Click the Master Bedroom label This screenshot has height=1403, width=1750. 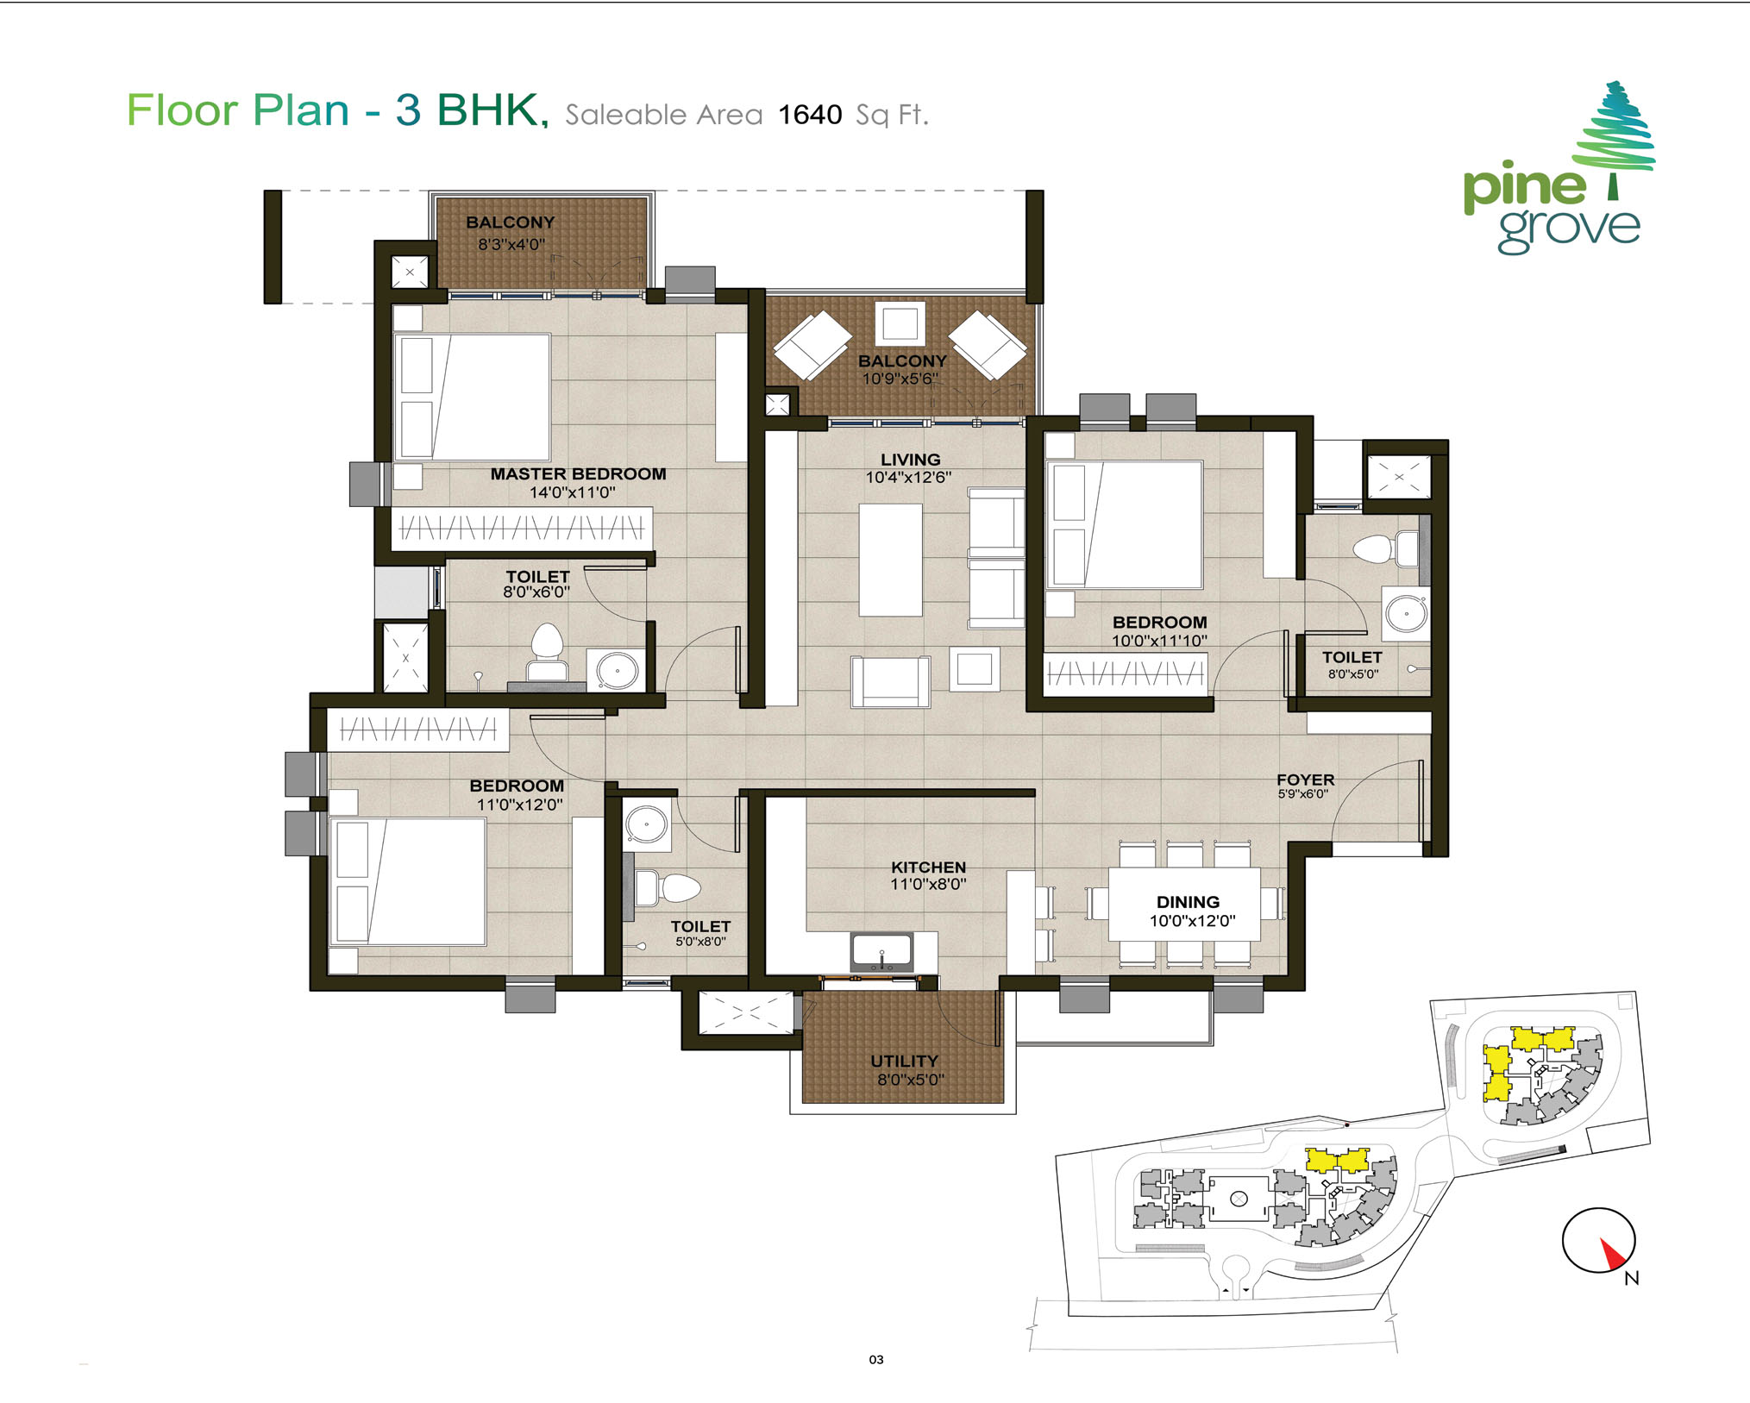pos(578,473)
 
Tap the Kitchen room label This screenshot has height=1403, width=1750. pos(928,867)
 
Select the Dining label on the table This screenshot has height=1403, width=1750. pos(1188,902)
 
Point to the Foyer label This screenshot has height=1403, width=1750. pos(1305,780)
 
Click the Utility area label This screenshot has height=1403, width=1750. pos(904,1061)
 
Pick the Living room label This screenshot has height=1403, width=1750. pos(910,460)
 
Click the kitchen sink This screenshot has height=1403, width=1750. pos(881,952)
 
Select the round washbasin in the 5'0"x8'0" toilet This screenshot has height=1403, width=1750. pos(646,825)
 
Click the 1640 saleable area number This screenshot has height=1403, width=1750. pos(810,115)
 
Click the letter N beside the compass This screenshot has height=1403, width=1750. pos(1631,1278)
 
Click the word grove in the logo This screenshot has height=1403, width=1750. pos(1569,229)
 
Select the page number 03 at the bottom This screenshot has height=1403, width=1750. pos(876,1360)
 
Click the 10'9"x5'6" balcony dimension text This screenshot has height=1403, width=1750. pos(900,379)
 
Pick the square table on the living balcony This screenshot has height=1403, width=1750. pos(900,323)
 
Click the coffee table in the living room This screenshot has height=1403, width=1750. pos(890,560)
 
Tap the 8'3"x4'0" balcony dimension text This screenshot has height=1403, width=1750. pos(511,244)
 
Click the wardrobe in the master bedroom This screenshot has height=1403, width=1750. pos(522,528)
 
